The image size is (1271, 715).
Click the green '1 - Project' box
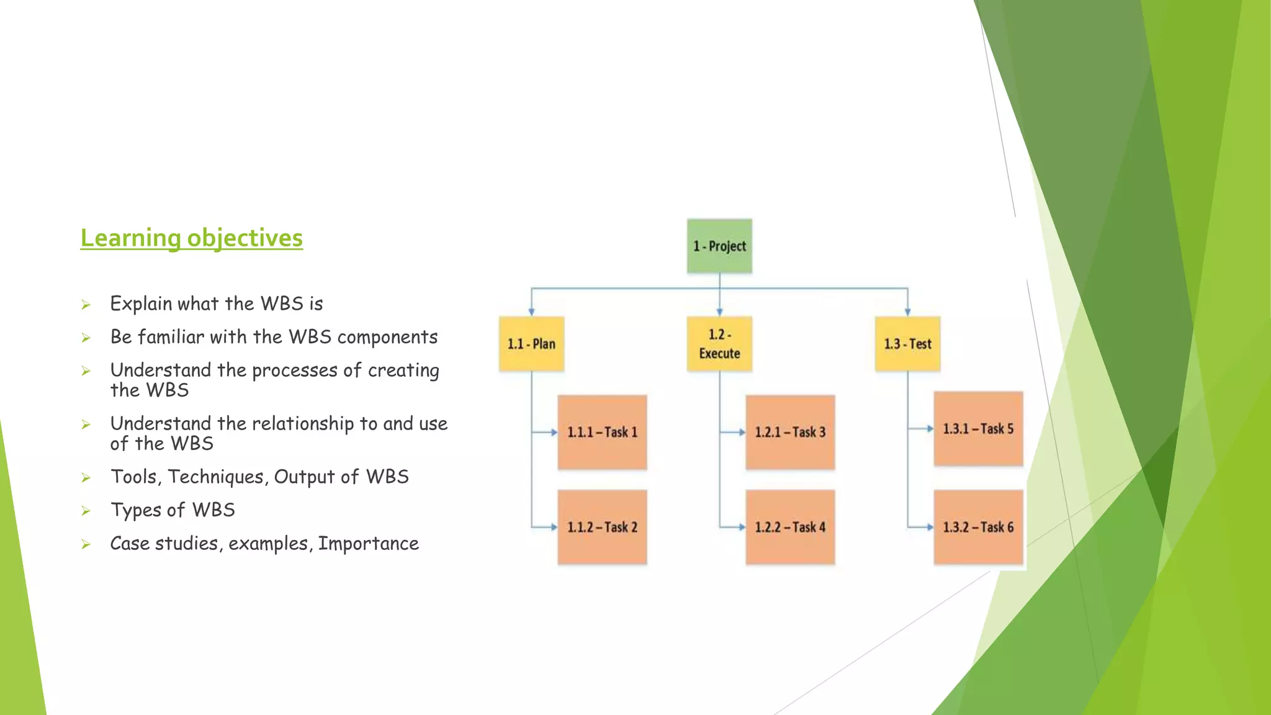coord(719,246)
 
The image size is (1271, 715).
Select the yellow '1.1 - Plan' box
coord(531,344)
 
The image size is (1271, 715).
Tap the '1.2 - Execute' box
coord(719,344)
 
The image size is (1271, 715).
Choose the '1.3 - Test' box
coord(907,344)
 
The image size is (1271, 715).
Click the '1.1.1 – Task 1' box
coord(602,432)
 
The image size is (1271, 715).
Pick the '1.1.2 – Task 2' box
coord(602,527)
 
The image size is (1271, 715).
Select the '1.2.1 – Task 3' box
coord(790,432)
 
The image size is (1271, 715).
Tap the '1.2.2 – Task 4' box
coord(790,527)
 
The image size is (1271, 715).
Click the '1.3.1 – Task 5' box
coord(978,428)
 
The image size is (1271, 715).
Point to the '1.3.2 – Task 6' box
coord(978,527)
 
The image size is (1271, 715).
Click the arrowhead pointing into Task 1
coord(554,432)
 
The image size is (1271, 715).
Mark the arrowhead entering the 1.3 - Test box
coord(907,312)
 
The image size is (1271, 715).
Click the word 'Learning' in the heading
coord(130,238)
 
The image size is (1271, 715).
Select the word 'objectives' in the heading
coord(245,238)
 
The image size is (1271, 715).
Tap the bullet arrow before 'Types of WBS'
coord(86,511)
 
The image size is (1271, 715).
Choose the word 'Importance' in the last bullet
coord(368,544)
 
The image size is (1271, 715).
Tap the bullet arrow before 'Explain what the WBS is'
coord(86,305)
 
